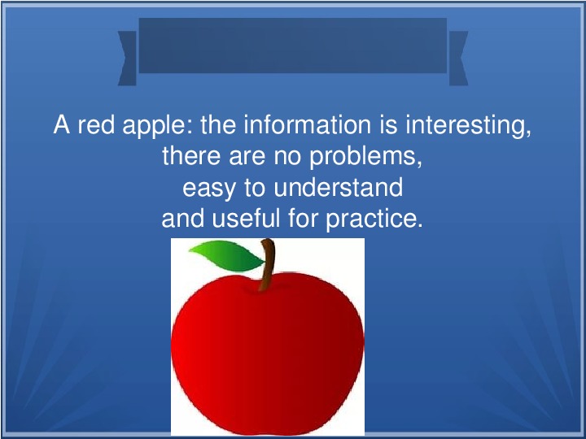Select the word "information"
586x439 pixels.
[x=307, y=124]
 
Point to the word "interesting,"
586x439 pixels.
[x=468, y=127]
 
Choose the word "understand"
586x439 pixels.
[x=339, y=187]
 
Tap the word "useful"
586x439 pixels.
[x=246, y=218]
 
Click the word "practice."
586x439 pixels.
[x=374, y=220]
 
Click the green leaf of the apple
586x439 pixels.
[x=226, y=255]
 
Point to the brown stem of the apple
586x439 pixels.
[x=268, y=264]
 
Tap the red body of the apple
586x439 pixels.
[x=268, y=353]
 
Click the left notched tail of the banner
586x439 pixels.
[x=128, y=59]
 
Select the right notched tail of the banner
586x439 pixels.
[x=458, y=59]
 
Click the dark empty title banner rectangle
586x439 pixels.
[x=293, y=46]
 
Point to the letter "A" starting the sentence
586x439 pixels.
[x=62, y=124]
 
